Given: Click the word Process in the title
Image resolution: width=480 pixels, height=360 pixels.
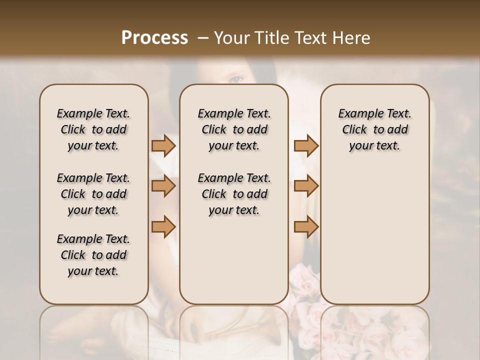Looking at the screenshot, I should tap(154, 38).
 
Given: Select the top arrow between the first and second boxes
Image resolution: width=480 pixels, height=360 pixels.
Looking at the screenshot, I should tap(163, 146).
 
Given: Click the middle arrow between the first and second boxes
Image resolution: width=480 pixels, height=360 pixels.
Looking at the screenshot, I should tap(163, 186).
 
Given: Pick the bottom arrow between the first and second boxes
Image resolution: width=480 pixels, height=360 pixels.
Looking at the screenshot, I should tap(163, 227).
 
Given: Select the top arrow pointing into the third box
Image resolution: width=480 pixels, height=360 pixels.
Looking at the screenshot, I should tap(306, 146).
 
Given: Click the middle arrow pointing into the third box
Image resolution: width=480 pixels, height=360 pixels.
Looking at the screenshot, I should tap(306, 186).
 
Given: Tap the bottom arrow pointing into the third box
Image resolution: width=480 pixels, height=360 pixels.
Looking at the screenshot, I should tap(306, 227).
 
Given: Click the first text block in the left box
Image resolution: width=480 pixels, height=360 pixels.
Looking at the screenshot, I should tap(93, 129).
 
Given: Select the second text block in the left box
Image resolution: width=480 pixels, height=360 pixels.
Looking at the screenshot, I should tap(93, 194).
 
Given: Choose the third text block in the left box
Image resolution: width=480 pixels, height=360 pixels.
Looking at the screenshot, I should tap(93, 255).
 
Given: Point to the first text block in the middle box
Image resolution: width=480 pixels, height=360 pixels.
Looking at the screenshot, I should tap(234, 129).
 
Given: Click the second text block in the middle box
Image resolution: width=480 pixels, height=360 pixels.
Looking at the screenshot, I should tap(234, 194).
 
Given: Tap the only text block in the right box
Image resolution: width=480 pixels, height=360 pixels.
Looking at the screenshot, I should tap(374, 129).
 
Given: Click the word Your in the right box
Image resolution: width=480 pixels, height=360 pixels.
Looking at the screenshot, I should tap(360, 146).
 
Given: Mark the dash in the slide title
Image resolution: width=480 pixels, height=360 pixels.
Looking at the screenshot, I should tap(203, 38).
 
